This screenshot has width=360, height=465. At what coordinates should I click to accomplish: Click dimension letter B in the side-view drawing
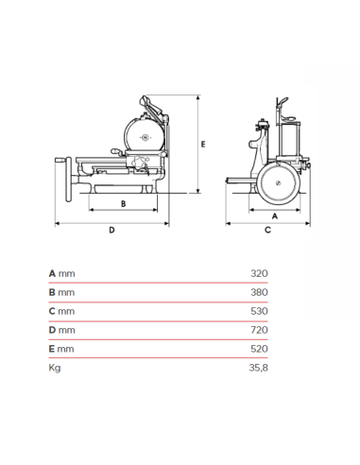(123, 202)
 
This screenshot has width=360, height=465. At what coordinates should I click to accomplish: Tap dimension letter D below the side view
(111, 230)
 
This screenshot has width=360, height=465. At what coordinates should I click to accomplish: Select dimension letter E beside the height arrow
(203, 143)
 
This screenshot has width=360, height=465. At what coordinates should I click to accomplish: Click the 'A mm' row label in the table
(61, 273)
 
